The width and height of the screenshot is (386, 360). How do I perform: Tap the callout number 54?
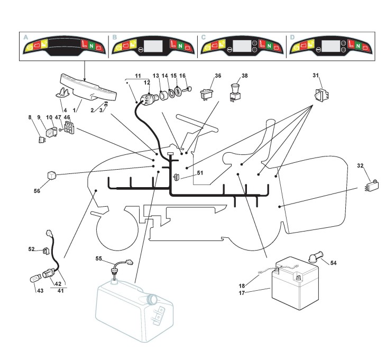pyautogui.click(x=333, y=263)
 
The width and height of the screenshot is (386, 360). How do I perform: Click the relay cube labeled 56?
pyautogui.click(x=52, y=175)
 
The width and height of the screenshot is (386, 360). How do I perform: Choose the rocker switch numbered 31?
pyautogui.click(x=320, y=95)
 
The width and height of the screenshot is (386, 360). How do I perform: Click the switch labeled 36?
pyautogui.click(x=207, y=95)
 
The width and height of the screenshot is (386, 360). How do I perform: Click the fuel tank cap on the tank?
pyautogui.click(x=152, y=300)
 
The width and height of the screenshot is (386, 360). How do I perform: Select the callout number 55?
pyautogui.click(x=99, y=259)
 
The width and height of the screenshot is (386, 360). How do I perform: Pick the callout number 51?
pyautogui.click(x=199, y=173)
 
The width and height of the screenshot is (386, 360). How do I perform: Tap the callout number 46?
pyautogui.click(x=67, y=118)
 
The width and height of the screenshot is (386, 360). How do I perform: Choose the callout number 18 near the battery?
pyautogui.click(x=257, y=285)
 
